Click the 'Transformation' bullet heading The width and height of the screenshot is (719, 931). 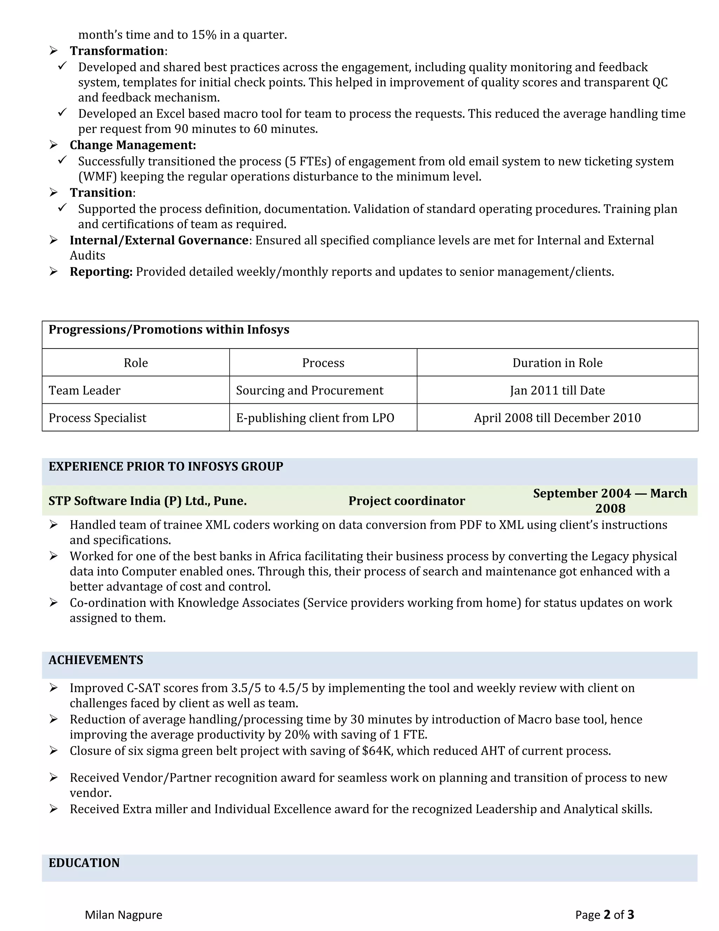click(x=117, y=51)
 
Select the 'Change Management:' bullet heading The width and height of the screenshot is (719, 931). click(x=132, y=145)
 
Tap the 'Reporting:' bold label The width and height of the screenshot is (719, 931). click(x=101, y=272)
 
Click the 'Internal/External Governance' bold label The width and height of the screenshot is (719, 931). click(x=159, y=240)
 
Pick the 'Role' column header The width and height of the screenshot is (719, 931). click(x=136, y=363)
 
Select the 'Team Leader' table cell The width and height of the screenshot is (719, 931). click(x=84, y=390)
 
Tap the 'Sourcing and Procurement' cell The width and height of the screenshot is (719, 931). click(x=309, y=390)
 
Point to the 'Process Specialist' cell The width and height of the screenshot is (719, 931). click(x=97, y=417)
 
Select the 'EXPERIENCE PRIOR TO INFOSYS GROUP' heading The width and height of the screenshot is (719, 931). click(x=166, y=466)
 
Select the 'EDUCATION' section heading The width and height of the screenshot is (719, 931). click(x=84, y=863)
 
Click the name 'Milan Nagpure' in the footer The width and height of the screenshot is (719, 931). click(x=124, y=915)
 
